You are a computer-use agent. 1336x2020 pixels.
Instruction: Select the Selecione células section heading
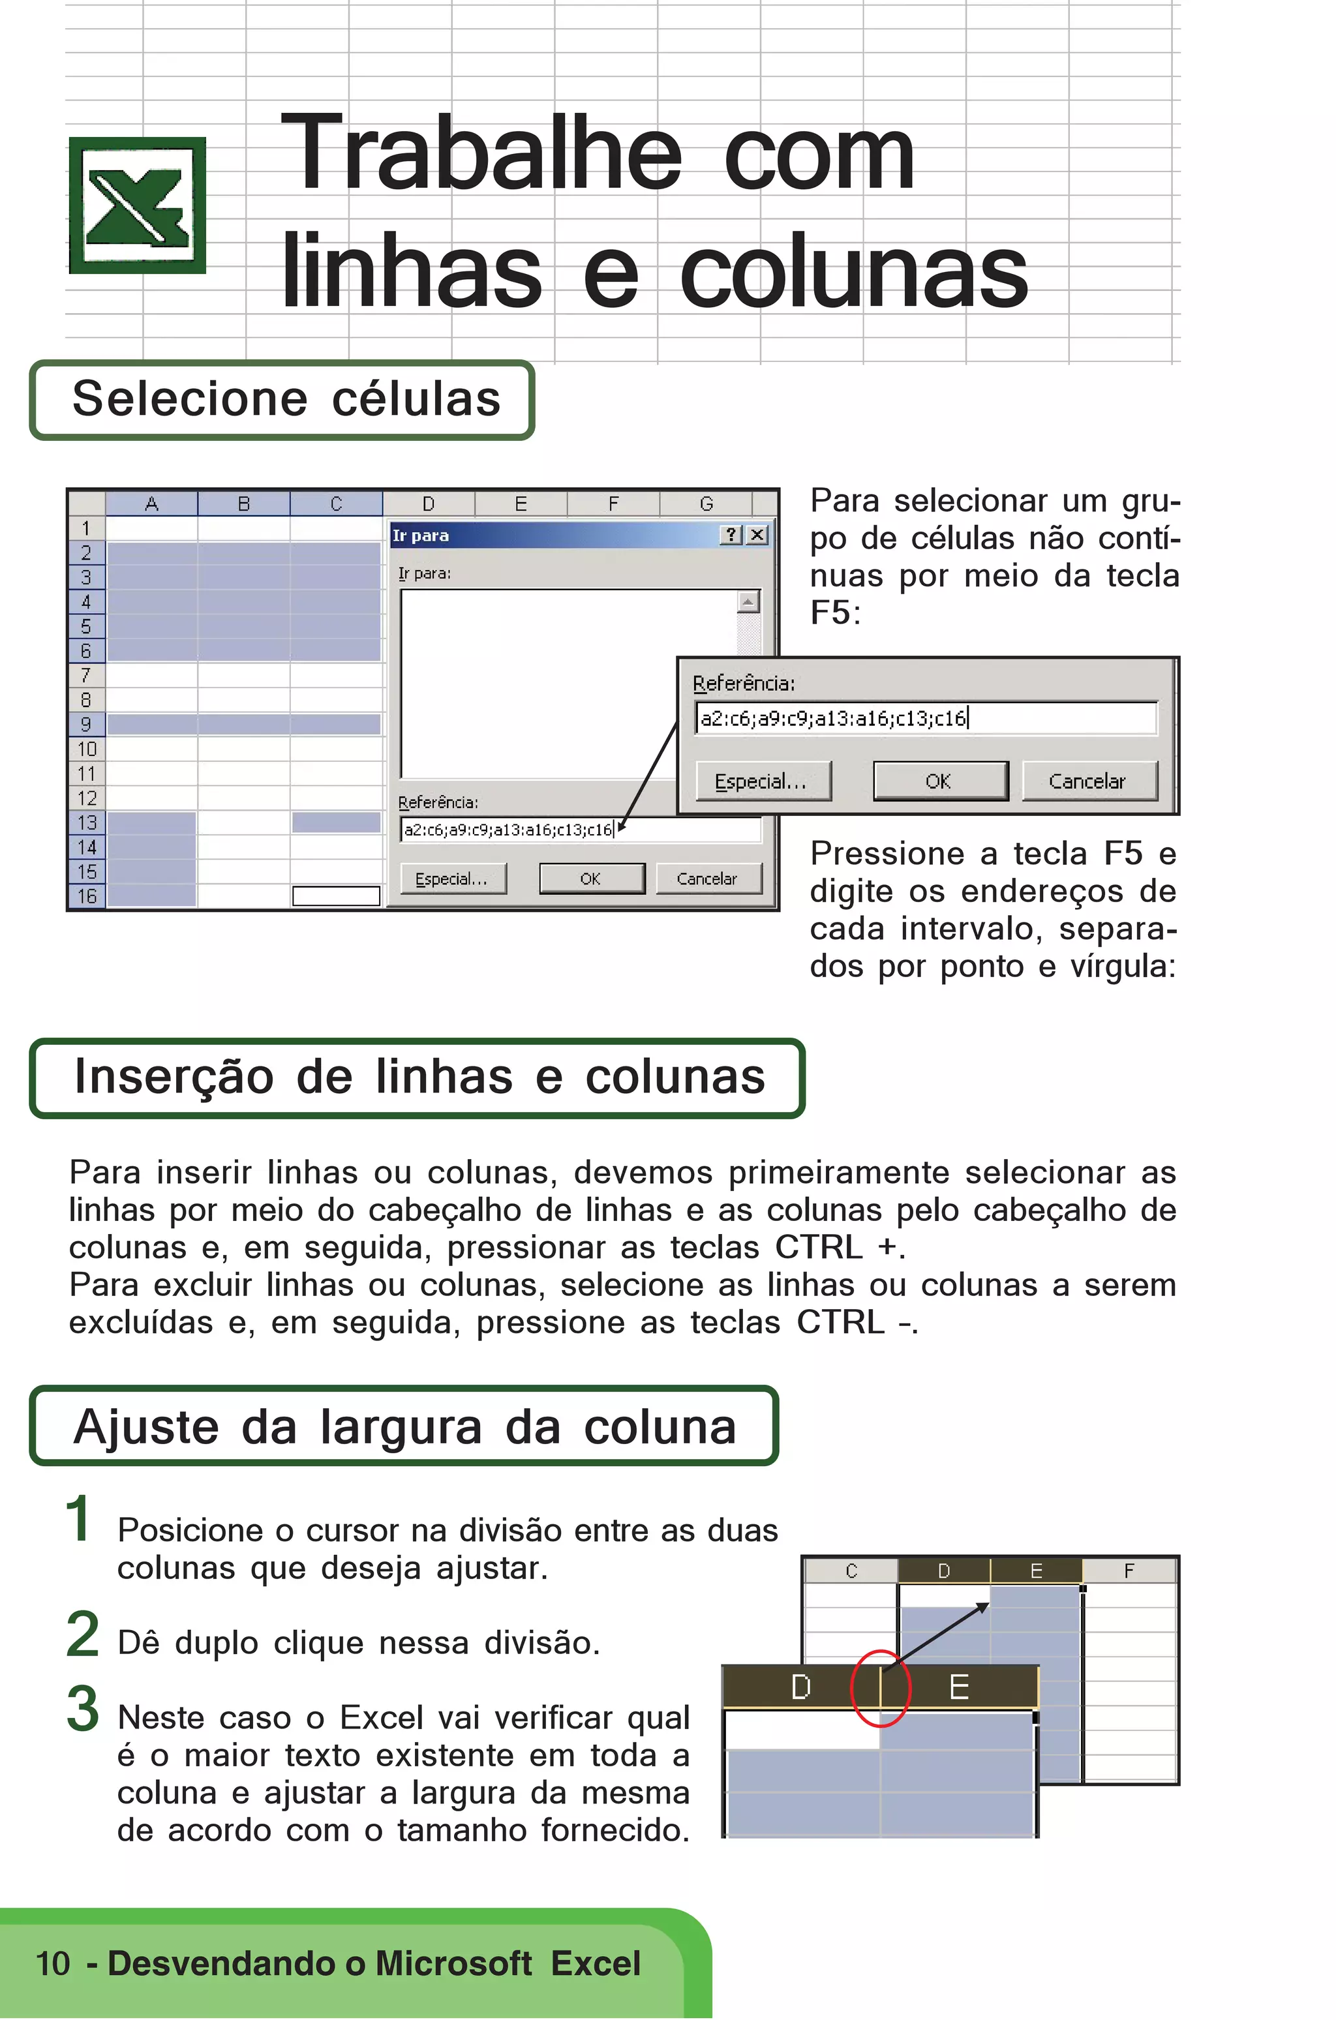pos(286,400)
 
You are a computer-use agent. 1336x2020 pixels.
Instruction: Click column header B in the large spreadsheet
pos(244,504)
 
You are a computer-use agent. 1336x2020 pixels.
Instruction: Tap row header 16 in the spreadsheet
pos(86,896)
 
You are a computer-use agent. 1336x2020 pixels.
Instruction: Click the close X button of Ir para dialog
pos(757,535)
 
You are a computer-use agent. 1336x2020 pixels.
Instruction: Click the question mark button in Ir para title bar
pos(732,535)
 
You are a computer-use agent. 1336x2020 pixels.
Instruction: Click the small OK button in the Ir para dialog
pos(590,879)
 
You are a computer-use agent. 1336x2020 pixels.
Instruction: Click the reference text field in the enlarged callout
pos(925,718)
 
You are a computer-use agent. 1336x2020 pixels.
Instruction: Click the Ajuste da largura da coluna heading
pos(404,1427)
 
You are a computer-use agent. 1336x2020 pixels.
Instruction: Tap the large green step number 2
pos(83,1634)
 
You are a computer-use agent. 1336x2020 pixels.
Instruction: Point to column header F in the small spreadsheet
pos(1129,1570)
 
